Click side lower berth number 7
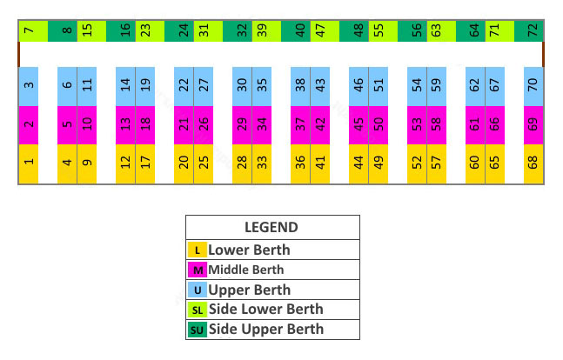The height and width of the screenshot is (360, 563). click(x=29, y=31)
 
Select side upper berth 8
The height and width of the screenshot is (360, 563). click(x=67, y=31)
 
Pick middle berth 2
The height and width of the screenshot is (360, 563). click(x=29, y=124)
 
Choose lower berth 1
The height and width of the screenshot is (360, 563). click(x=29, y=163)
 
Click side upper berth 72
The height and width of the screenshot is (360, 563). click(x=532, y=31)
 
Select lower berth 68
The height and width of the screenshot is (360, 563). click(x=532, y=163)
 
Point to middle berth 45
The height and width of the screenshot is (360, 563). click(x=359, y=124)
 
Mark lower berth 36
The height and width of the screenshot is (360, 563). click(x=300, y=163)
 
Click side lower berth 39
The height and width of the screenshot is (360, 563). click(x=261, y=31)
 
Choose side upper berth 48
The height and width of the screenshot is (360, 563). click(x=359, y=31)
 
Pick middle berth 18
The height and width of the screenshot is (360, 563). click(x=144, y=124)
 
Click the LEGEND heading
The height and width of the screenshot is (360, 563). click(x=271, y=228)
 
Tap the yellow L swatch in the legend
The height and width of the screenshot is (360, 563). click(x=198, y=250)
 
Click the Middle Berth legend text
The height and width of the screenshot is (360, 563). click(x=245, y=270)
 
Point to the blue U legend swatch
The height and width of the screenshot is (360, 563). click(x=198, y=290)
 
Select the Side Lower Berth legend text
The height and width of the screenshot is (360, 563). click(x=265, y=310)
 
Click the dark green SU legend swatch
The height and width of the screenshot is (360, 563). click(x=198, y=330)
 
